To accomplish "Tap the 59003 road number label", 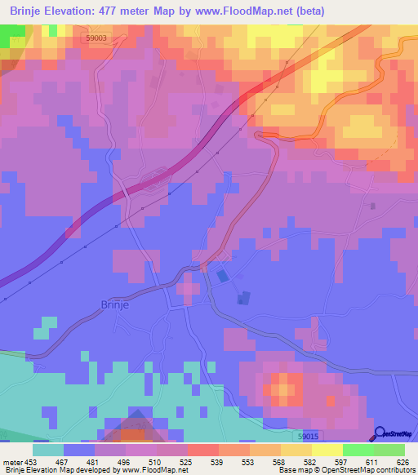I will point(96,38).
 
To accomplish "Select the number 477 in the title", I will point(151,11).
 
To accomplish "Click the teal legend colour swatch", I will point(48,449).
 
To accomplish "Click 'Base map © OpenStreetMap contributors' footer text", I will point(346,469).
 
